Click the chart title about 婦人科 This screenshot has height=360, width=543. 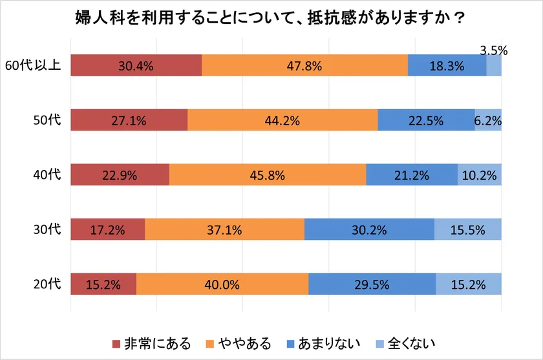pyautogui.click(x=271, y=17)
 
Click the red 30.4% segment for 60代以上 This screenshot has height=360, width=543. pyautogui.click(x=136, y=65)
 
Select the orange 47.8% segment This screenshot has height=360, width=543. pyautogui.click(x=304, y=65)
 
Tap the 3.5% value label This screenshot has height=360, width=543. pyautogui.click(x=494, y=49)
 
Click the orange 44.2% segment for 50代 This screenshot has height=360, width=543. pyautogui.click(x=282, y=120)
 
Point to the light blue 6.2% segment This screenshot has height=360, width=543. pyautogui.click(x=488, y=120)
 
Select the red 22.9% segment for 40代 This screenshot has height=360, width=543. pyautogui.click(x=120, y=175)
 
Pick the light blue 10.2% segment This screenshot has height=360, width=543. pyautogui.click(x=480, y=175)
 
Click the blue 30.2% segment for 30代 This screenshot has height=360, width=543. pyautogui.click(x=369, y=229)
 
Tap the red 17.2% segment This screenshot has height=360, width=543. pyautogui.click(x=107, y=229)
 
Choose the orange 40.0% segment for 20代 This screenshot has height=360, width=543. pyautogui.click(x=222, y=284)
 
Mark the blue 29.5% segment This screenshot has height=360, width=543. pyautogui.click(x=372, y=284)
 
